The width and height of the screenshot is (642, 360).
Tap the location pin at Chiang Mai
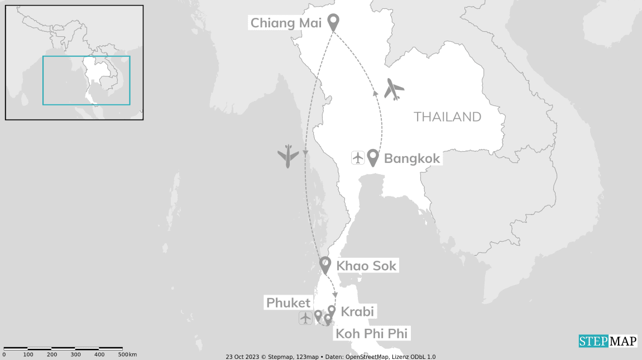click(x=333, y=21)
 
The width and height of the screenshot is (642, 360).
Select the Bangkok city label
click(x=412, y=159)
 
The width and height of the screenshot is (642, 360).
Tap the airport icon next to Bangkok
click(x=358, y=158)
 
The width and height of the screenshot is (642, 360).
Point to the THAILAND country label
click(x=447, y=117)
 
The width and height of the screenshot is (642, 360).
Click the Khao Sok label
click(x=366, y=266)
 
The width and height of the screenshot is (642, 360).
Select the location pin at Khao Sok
click(x=325, y=264)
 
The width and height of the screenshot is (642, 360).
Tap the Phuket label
click(x=288, y=303)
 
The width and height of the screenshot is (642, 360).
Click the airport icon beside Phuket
click(x=305, y=318)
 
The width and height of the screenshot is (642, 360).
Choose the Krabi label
click(x=357, y=311)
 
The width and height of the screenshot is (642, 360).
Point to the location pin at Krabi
click(x=332, y=310)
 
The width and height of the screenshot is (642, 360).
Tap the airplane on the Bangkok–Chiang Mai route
click(x=394, y=89)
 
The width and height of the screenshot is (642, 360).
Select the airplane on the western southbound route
click(x=288, y=156)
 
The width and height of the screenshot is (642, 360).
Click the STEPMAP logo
click(x=607, y=340)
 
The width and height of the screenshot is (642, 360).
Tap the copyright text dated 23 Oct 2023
click(x=330, y=357)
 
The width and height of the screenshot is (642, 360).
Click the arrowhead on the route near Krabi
click(x=335, y=294)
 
